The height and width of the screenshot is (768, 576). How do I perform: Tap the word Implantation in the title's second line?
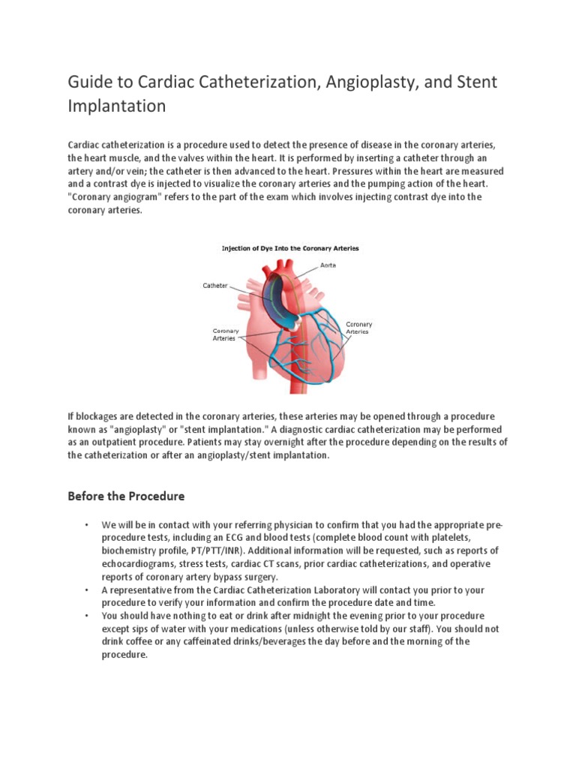coord(116,106)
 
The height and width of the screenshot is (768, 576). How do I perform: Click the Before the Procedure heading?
coord(126,496)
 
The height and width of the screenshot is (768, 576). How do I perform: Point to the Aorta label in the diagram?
coord(328,265)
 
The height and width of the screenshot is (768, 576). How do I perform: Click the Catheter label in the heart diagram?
coord(214,285)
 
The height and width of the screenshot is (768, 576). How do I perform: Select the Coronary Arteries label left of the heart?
coord(225,334)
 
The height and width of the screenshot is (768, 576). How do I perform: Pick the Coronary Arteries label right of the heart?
coord(358,328)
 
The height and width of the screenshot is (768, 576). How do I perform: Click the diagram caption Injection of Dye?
coord(288,247)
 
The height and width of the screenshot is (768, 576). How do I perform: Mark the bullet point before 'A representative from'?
coord(87,590)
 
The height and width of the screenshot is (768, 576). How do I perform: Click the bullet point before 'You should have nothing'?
coord(87,616)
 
